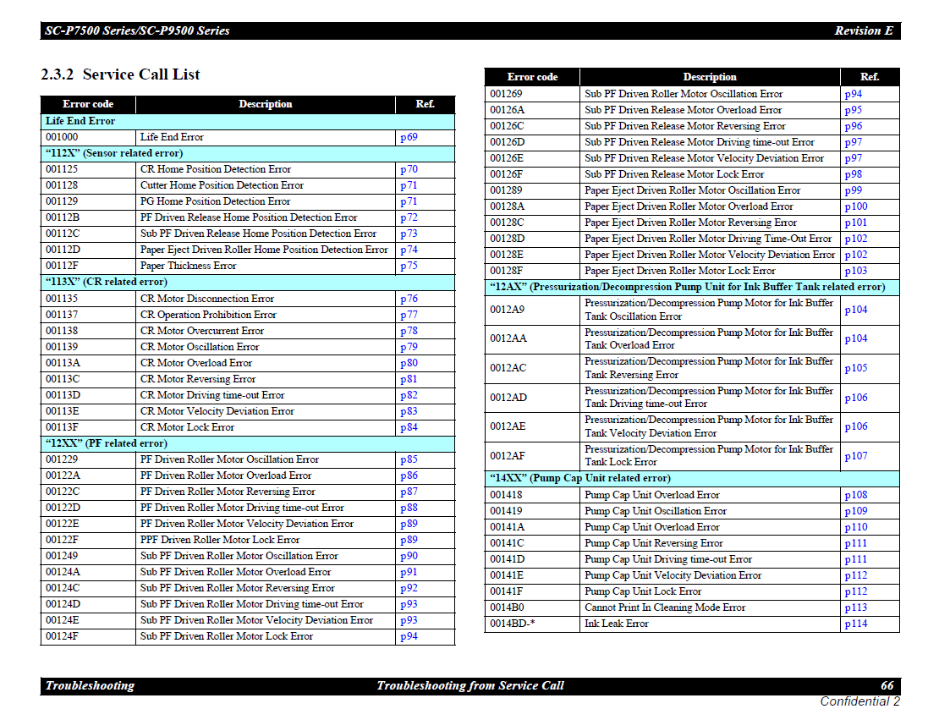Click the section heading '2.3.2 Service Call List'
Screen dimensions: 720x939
120,74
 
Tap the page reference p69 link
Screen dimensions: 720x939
409,137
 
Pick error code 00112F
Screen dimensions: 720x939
63,266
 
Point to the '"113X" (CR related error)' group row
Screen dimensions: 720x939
106,282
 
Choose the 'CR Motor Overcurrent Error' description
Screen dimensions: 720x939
202,331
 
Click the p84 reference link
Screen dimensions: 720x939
409,427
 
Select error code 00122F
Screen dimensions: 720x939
63,540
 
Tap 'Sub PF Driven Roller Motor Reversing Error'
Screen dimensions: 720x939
238,588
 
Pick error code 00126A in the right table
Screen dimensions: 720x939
507,110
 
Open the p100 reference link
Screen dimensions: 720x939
855,206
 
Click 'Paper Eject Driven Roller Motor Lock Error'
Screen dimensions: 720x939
679,271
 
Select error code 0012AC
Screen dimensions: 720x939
508,368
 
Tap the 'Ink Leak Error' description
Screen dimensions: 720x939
616,624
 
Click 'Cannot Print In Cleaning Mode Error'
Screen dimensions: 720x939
664,607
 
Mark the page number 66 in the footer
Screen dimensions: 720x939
887,685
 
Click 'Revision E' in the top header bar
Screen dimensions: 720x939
863,31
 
